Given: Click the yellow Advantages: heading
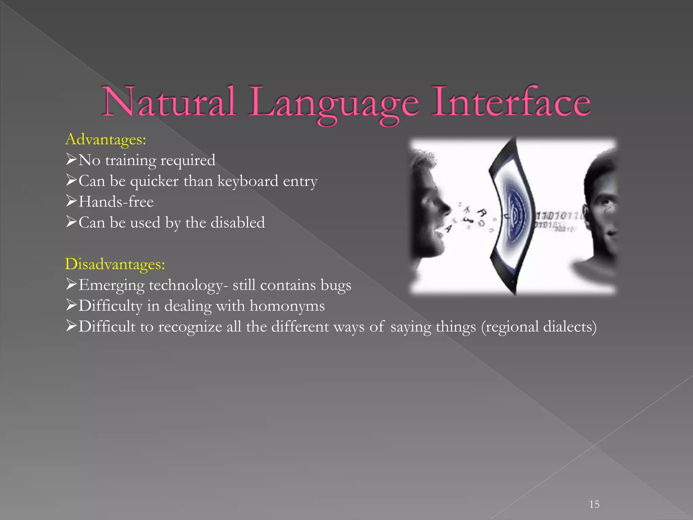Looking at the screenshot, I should pos(106,139).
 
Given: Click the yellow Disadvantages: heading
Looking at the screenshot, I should pos(115,264).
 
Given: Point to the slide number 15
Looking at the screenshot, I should pos(594,504).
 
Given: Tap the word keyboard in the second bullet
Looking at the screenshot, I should pos(248,181).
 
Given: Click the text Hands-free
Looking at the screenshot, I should pos(116,202).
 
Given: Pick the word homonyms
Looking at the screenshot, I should pos(287,306).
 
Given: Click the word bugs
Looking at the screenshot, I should pos(336,285).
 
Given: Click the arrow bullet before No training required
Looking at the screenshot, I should pos(71,159).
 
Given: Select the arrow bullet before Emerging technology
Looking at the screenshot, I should pos(71,284).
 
